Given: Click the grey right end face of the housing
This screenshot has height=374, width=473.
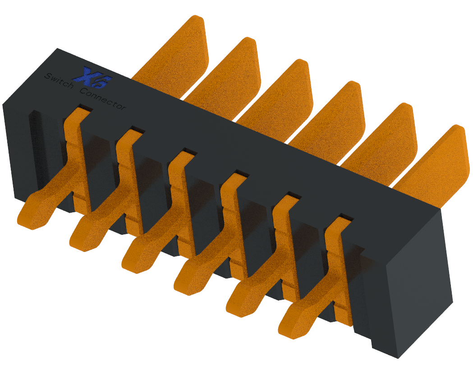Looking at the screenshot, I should pos(419,288).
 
